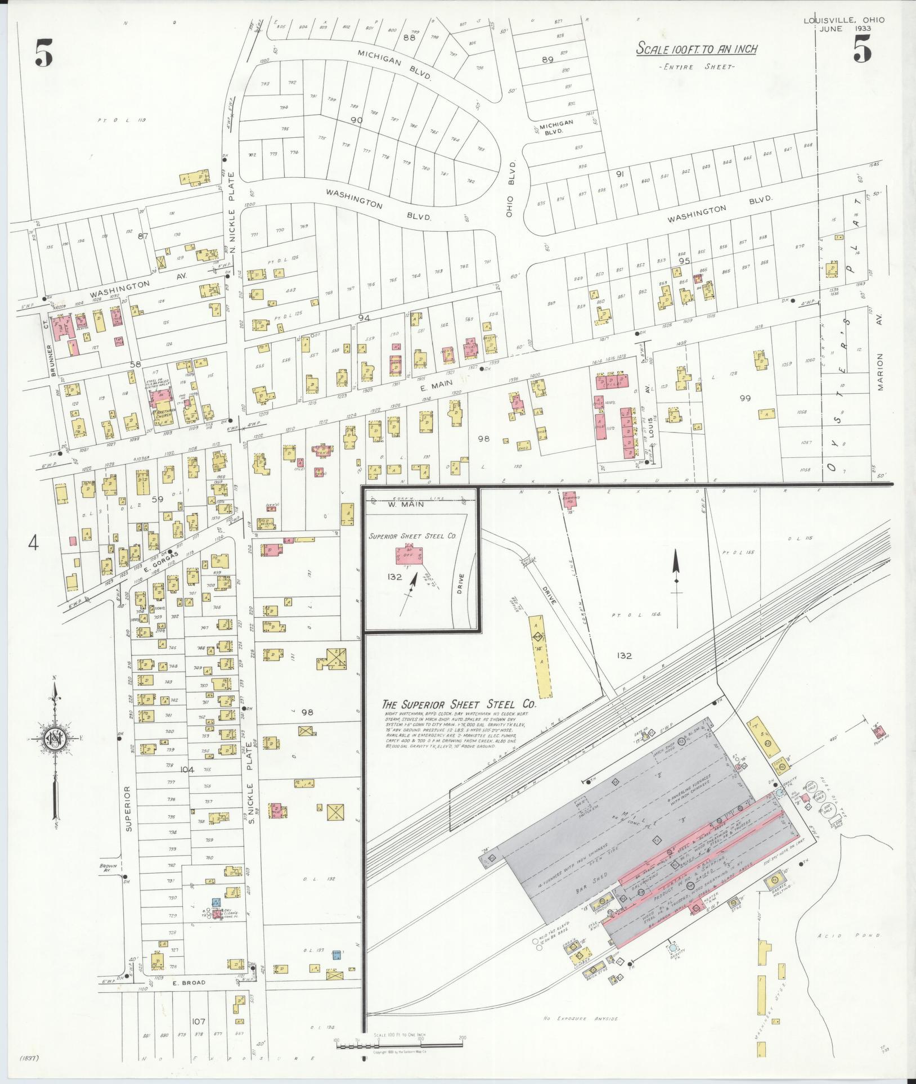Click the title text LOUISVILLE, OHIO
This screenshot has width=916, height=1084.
tap(843, 20)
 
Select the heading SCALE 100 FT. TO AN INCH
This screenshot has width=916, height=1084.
tap(696, 50)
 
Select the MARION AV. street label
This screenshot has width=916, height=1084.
tap(880, 372)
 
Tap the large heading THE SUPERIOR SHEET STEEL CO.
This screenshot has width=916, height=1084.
tap(459, 704)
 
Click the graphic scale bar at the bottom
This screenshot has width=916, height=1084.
tap(399, 1045)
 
